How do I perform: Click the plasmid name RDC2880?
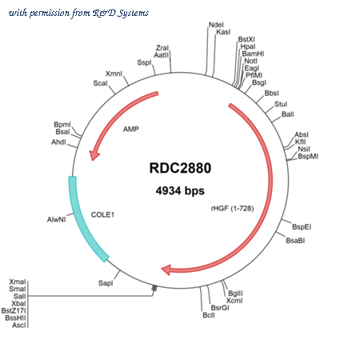(180, 168)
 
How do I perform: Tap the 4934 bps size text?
(180, 191)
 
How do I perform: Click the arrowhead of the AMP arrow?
(94, 155)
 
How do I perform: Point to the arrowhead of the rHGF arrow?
(166, 270)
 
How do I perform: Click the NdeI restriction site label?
(216, 25)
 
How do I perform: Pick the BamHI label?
(253, 54)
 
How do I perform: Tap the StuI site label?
(281, 104)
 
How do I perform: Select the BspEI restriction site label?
(302, 227)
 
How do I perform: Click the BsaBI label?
(295, 241)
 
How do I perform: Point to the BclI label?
(209, 315)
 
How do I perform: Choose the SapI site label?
(106, 283)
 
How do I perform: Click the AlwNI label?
(56, 219)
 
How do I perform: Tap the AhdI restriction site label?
(58, 142)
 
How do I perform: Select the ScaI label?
(100, 83)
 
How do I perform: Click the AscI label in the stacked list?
(19, 325)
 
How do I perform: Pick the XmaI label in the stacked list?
(18, 282)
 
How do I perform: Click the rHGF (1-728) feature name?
(232, 208)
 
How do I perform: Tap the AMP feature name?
(131, 129)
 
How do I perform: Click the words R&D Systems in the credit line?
(121, 13)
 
